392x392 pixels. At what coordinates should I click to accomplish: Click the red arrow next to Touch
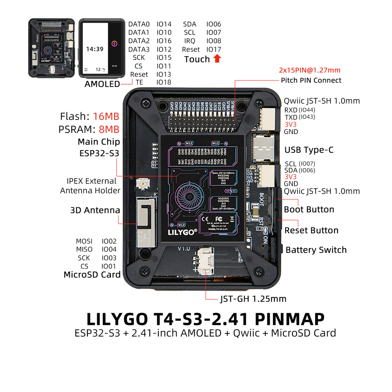[217, 59]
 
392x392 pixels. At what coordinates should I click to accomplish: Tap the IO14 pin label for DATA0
[164, 24]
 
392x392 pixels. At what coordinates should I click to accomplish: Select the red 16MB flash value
[106, 116]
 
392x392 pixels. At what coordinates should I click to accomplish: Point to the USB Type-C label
[309, 150]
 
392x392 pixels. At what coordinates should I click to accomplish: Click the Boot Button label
[309, 209]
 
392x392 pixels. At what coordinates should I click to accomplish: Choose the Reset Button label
[311, 230]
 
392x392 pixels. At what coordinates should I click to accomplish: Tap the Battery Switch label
[316, 250]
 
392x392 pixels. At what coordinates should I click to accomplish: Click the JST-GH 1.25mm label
[253, 299]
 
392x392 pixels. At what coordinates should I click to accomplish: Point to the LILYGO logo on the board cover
[183, 232]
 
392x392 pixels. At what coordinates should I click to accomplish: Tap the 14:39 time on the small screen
[94, 49]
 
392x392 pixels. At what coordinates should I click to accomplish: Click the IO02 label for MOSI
[109, 241]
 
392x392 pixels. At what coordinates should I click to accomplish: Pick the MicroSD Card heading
[92, 275]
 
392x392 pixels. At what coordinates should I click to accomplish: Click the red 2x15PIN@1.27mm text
[309, 71]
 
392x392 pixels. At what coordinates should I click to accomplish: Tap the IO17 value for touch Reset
[214, 49]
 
